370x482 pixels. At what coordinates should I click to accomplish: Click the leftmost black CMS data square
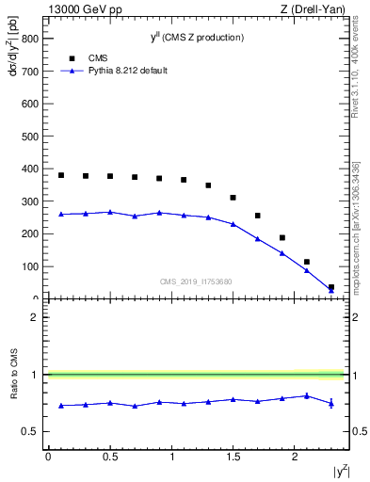61,175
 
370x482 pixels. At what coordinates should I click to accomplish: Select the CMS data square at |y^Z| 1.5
233,198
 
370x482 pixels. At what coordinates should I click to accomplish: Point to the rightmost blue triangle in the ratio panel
330,403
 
